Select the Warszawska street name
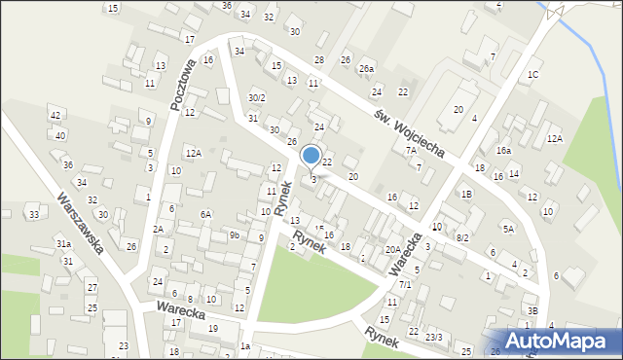pyautogui.click(x=81, y=223)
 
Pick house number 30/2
pyautogui.click(x=256, y=97)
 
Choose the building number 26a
pyautogui.click(x=366, y=69)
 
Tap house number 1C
pyautogui.click(x=532, y=74)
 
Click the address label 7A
pyautogui.click(x=412, y=151)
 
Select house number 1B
pyautogui.click(x=467, y=194)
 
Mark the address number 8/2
pyautogui.click(x=463, y=237)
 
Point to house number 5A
pyautogui.click(x=508, y=229)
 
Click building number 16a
pyautogui.click(x=503, y=151)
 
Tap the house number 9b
pyautogui.click(x=235, y=235)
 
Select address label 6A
pyautogui.click(x=205, y=214)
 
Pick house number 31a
pyautogui.click(x=63, y=243)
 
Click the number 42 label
pyautogui.click(x=55, y=115)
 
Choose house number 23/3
pyautogui.click(x=433, y=337)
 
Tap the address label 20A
pyautogui.click(x=392, y=249)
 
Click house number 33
pyautogui.click(x=33, y=214)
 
